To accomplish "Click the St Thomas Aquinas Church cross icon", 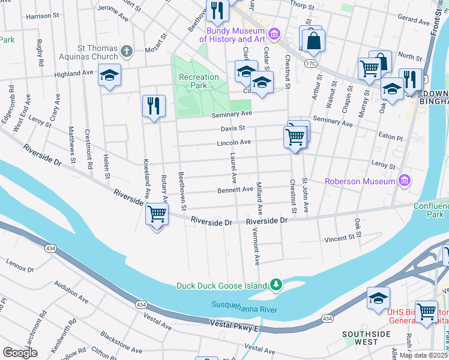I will point(126,51).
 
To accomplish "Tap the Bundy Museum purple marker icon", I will point(274,34).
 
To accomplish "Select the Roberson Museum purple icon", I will point(405,180).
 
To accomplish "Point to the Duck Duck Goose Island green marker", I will point(276,284).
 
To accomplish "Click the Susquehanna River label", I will point(244,306).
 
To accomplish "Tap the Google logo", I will point(20,353).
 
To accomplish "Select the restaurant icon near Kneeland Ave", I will point(154,106).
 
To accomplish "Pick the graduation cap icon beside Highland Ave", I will point(109,76).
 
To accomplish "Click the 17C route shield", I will point(310,62).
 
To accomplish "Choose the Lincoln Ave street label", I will point(234,142).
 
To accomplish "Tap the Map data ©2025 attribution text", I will point(423,355).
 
